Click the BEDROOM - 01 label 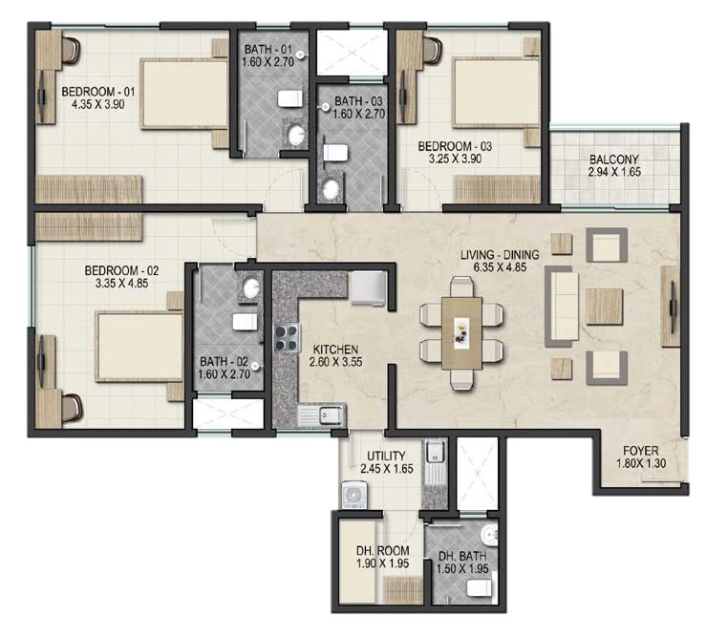pyautogui.click(x=98, y=92)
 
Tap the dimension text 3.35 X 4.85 pyautogui.click(x=121, y=283)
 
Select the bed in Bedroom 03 pyautogui.click(x=497, y=93)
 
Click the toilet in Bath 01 pyautogui.click(x=290, y=98)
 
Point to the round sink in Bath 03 pyautogui.click(x=331, y=189)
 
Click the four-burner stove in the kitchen pyautogui.click(x=286, y=338)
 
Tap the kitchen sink pyautogui.click(x=321, y=414)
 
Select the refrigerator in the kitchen pyautogui.click(x=368, y=288)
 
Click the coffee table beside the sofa pyautogui.click(x=604, y=307)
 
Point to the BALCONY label pyautogui.click(x=613, y=159)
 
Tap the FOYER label pyautogui.click(x=641, y=451)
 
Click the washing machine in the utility pyautogui.click(x=354, y=495)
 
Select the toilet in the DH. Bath pyautogui.click(x=480, y=588)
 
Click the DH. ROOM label pyautogui.click(x=383, y=551)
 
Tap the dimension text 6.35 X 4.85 pyautogui.click(x=500, y=266)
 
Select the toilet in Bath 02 pyautogui.click(x=245, y=322)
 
